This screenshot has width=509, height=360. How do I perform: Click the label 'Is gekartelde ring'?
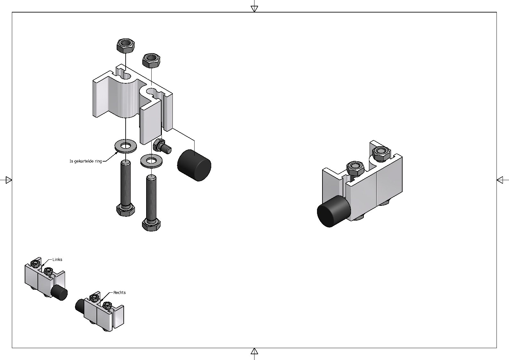coord(86,161)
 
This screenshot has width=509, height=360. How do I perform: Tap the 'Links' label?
coord(57,260)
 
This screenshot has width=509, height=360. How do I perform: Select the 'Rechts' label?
coord(119,293)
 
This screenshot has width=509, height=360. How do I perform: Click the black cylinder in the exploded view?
coord(194,165)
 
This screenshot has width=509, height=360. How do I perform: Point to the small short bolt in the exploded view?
coord(162,147)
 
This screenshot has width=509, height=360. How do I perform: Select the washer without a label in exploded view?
coord(151,161)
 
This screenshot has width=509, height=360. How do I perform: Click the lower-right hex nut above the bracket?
coord(151,60)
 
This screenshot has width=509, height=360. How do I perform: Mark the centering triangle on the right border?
coord(500,180)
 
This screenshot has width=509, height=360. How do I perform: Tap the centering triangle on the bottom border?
coord(254,351)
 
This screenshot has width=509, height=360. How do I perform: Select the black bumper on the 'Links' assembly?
coord(60,292)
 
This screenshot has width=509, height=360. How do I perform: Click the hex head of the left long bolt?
coord(125,210)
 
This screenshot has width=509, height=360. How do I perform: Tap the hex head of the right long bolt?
coord(151,225)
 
